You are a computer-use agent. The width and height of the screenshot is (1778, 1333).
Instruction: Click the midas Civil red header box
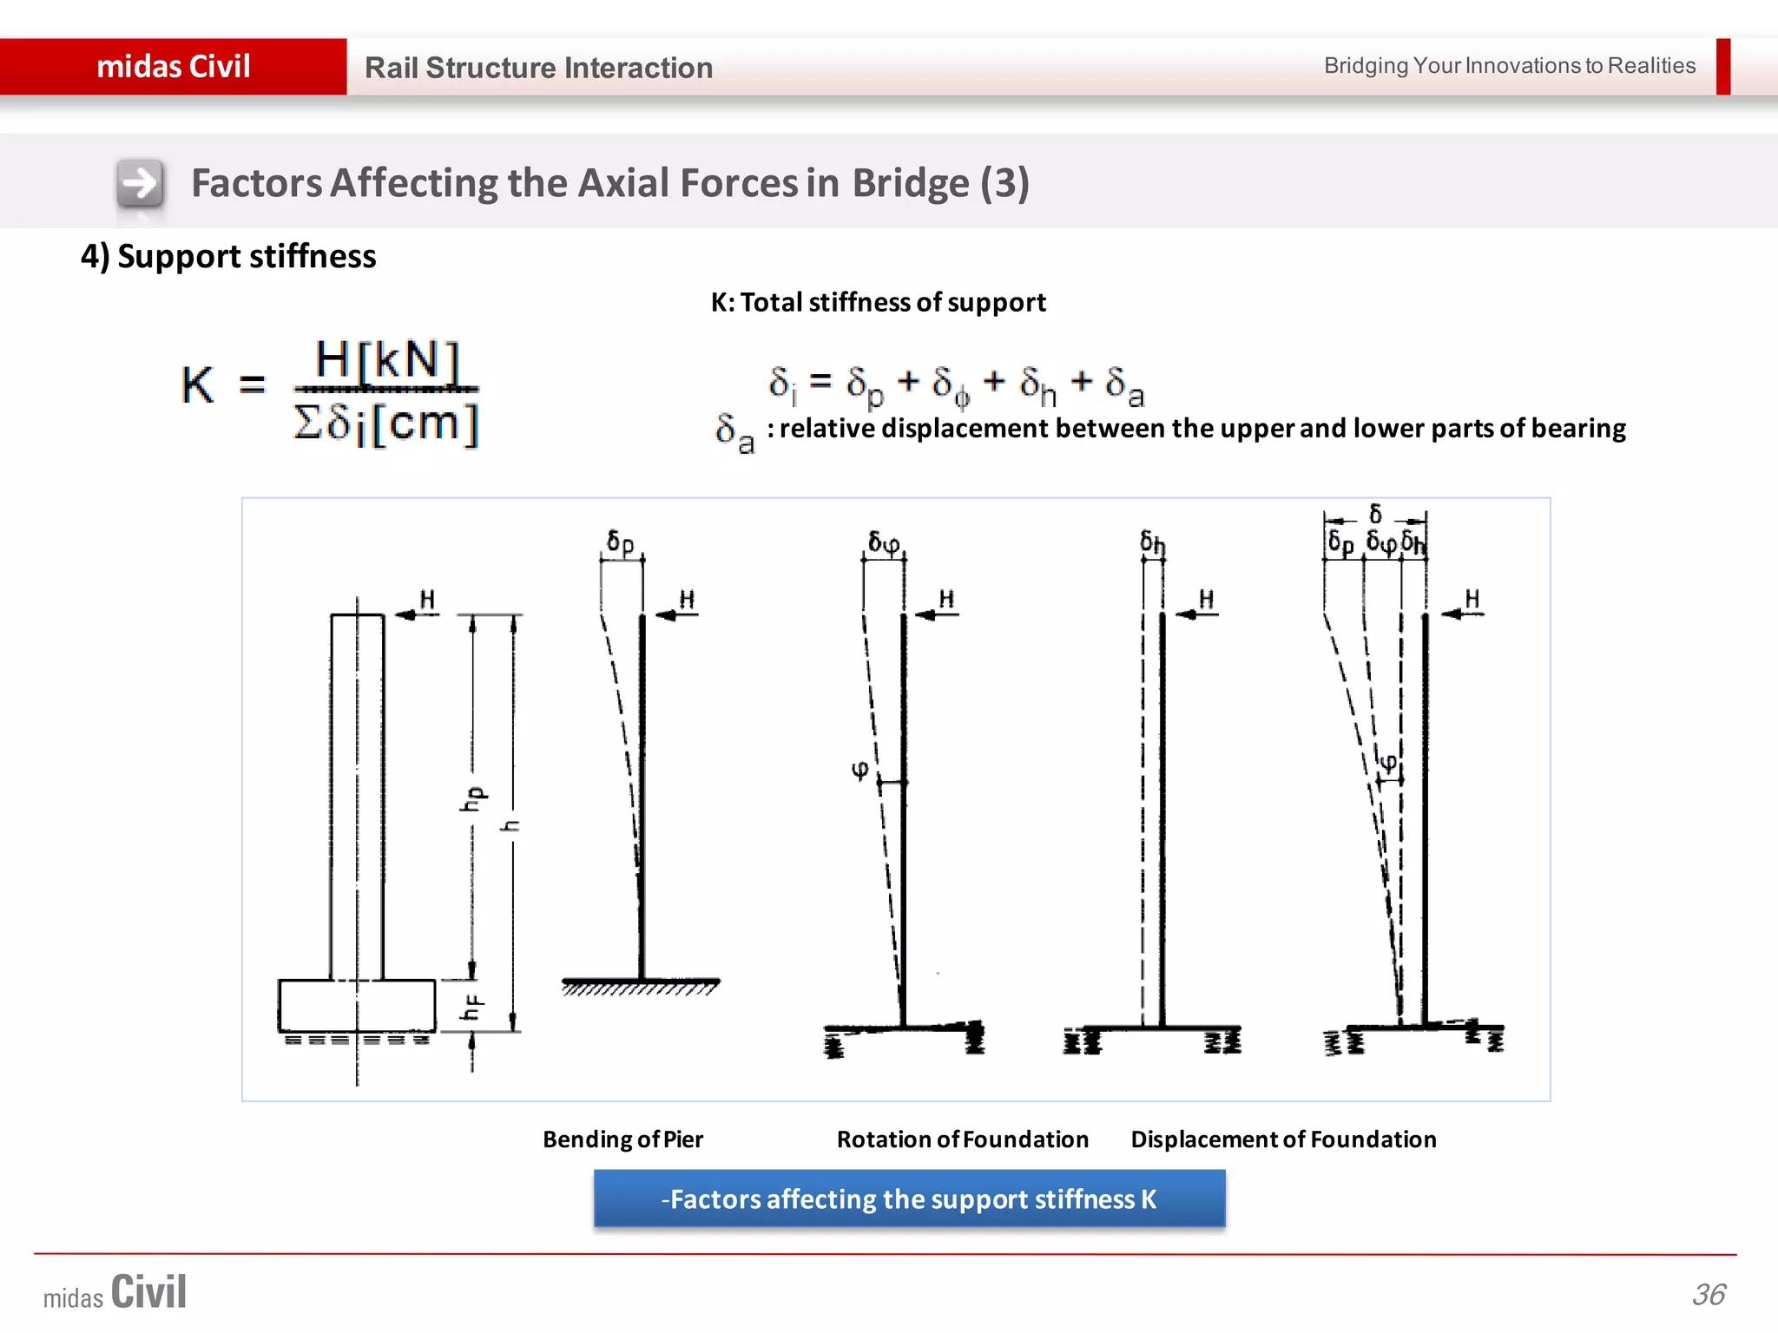[174, 67]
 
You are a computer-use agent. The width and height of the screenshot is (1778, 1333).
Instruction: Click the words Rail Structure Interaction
[538, 68]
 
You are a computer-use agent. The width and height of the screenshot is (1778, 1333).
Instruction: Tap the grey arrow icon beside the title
[140, 183]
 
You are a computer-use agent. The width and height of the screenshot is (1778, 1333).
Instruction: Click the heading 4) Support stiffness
[228, 257]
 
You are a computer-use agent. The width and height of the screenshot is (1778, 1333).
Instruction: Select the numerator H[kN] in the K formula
[386, 359]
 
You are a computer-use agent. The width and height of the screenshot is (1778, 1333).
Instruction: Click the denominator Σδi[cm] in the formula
[386, 424]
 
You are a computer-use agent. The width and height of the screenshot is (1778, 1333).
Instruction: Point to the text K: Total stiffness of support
[878, 302]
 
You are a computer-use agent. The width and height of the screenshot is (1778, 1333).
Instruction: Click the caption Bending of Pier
[622, 1139]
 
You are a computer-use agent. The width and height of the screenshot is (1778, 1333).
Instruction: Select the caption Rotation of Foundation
[962, 1139]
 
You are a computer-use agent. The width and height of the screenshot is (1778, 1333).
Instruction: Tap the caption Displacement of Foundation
[1283, 1139]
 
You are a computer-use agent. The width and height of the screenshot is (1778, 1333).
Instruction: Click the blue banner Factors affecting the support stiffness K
[909, 1198]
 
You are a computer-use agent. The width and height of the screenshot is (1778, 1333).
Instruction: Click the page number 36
[1709, 1295]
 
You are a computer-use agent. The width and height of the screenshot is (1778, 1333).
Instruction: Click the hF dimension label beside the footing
[472, 1008]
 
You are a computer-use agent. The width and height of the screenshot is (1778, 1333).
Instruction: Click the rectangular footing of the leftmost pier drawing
[357, 1005]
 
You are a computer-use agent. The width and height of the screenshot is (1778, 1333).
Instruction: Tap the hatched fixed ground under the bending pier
[641, 987]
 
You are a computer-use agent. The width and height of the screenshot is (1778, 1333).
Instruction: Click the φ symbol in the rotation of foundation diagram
[859, 769]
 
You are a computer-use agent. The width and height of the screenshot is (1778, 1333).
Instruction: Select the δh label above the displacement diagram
[1152, 542]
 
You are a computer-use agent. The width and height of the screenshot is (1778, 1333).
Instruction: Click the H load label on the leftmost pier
[427, 600]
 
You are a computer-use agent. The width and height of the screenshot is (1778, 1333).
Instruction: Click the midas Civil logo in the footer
[115, 1293]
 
